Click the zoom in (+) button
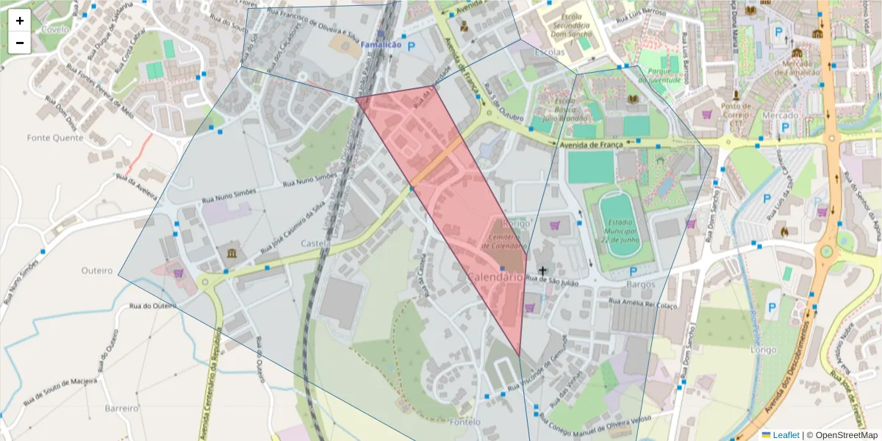[20, 21]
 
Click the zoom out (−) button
[20, 43]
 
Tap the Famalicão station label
[380, 46]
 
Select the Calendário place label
[495, 277]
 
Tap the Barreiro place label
[121, 408]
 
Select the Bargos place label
[640, 284]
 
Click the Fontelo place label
[465, 422]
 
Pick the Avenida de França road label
[591, 145]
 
